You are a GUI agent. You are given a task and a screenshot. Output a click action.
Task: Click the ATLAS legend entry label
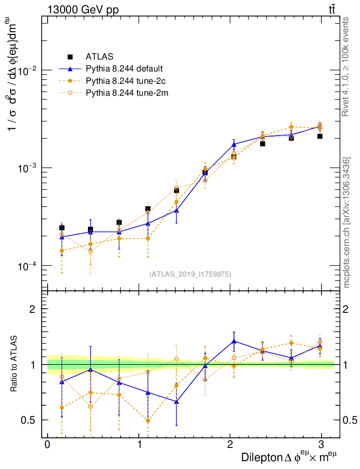click(x=99, y=57)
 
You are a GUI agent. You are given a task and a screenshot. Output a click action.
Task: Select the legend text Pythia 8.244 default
click(x=124, y=69)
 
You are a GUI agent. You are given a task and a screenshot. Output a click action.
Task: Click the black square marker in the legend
click(x=70, y=57)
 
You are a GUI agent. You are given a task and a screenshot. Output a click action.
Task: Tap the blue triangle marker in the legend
click(x=70, y=69)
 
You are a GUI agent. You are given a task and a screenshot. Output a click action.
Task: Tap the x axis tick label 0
click(x=47, y=445)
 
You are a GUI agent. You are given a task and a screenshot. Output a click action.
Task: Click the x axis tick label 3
click(x=321, y=445)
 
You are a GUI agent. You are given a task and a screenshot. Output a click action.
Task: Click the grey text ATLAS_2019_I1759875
click(x=190, y=274)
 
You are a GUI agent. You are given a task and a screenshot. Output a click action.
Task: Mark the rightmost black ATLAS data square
click(x=320, y=136)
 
